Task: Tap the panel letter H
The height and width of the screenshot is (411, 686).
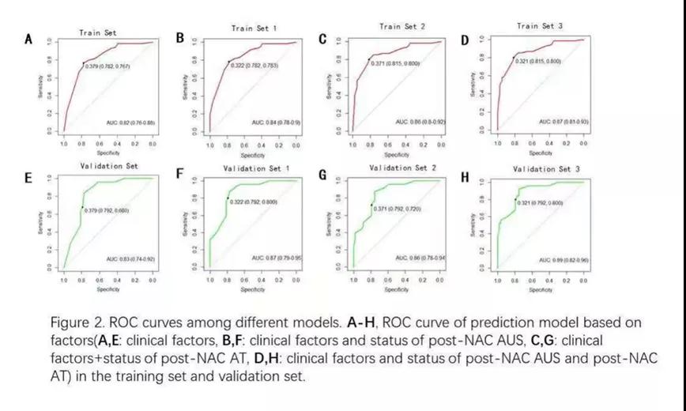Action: point(465,175)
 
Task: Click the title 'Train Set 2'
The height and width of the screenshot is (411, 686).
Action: point(402,26)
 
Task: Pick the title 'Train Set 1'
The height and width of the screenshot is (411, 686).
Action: point(254,28)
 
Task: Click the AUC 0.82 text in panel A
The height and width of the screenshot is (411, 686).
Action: point(130,123)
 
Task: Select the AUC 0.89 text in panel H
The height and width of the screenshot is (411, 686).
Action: point(563,259)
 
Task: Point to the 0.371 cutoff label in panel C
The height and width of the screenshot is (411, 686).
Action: point(398,62)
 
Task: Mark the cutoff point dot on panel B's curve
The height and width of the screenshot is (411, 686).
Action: point(228,62)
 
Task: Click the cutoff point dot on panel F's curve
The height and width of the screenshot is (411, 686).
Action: point(228,198)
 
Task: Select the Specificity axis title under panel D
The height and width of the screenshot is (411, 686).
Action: point(540,152)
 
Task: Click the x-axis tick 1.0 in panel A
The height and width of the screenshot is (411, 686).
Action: point(64,145)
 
